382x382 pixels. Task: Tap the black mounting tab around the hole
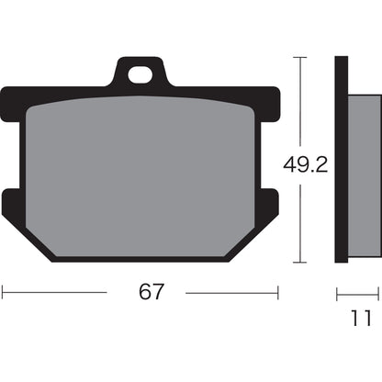coord(122,76)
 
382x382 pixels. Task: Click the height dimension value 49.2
coord(301,165)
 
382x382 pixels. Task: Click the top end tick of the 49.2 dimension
coord(299,57)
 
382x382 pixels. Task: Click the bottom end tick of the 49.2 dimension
coord(299,263)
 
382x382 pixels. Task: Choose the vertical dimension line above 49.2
coord(299,101)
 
